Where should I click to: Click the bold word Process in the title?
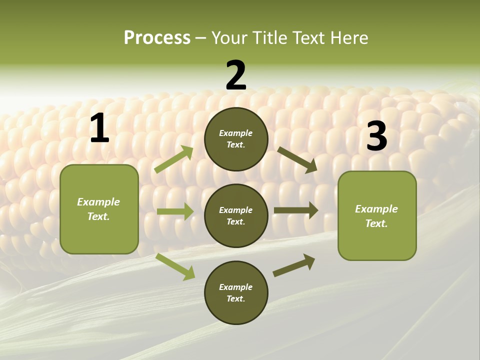coord(157,38)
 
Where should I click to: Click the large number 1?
coord(99,128)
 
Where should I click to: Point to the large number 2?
coord(236,75)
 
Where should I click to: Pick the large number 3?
coord(376,136)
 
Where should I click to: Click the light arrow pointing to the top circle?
coord(173,159)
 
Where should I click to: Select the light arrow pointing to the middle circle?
coord(175,211)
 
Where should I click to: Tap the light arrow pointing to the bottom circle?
coord(175,266)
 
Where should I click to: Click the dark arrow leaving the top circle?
coord(297,159)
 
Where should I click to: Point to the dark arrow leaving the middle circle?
coord(295,210)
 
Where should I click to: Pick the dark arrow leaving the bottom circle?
coord(294,265)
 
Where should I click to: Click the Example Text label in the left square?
coord(98,209)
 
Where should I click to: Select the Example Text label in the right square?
coord(376,216)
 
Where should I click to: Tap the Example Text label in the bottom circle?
coord(235,292)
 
